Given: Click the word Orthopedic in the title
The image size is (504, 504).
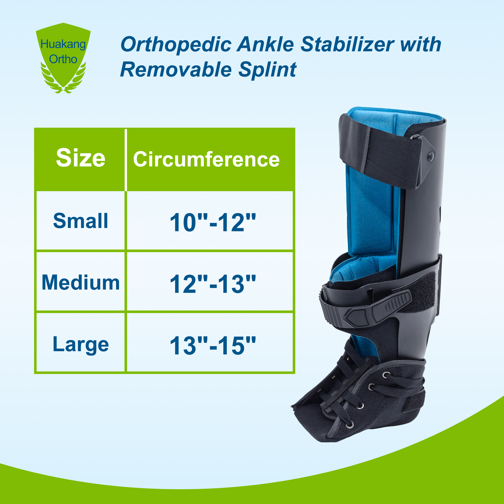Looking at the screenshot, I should tap(176, 45).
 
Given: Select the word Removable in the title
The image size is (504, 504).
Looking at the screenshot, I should tap(176, 70).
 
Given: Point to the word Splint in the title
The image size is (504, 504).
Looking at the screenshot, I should tap(267, 70).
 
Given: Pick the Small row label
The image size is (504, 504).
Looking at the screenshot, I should tap(81, 221).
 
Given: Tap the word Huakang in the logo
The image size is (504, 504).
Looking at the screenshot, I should tap(63, 44).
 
